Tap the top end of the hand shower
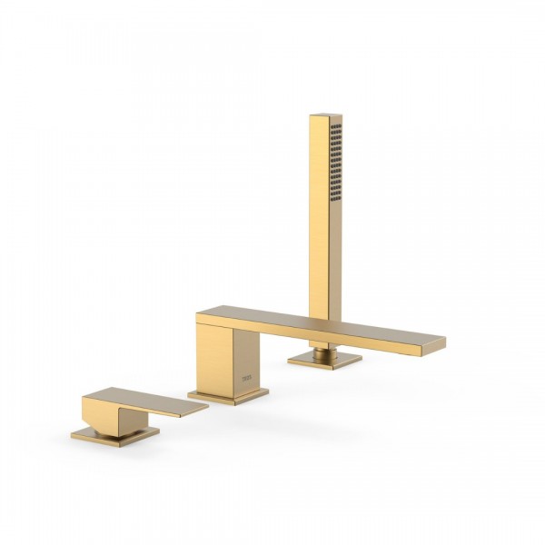point(325,117)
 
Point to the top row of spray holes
point(335,128)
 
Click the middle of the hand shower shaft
point(324,218)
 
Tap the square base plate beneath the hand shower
point(324,360)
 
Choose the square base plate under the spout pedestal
point(228,395)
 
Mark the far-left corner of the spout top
point(199,314)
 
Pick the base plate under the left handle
point(114,438)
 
